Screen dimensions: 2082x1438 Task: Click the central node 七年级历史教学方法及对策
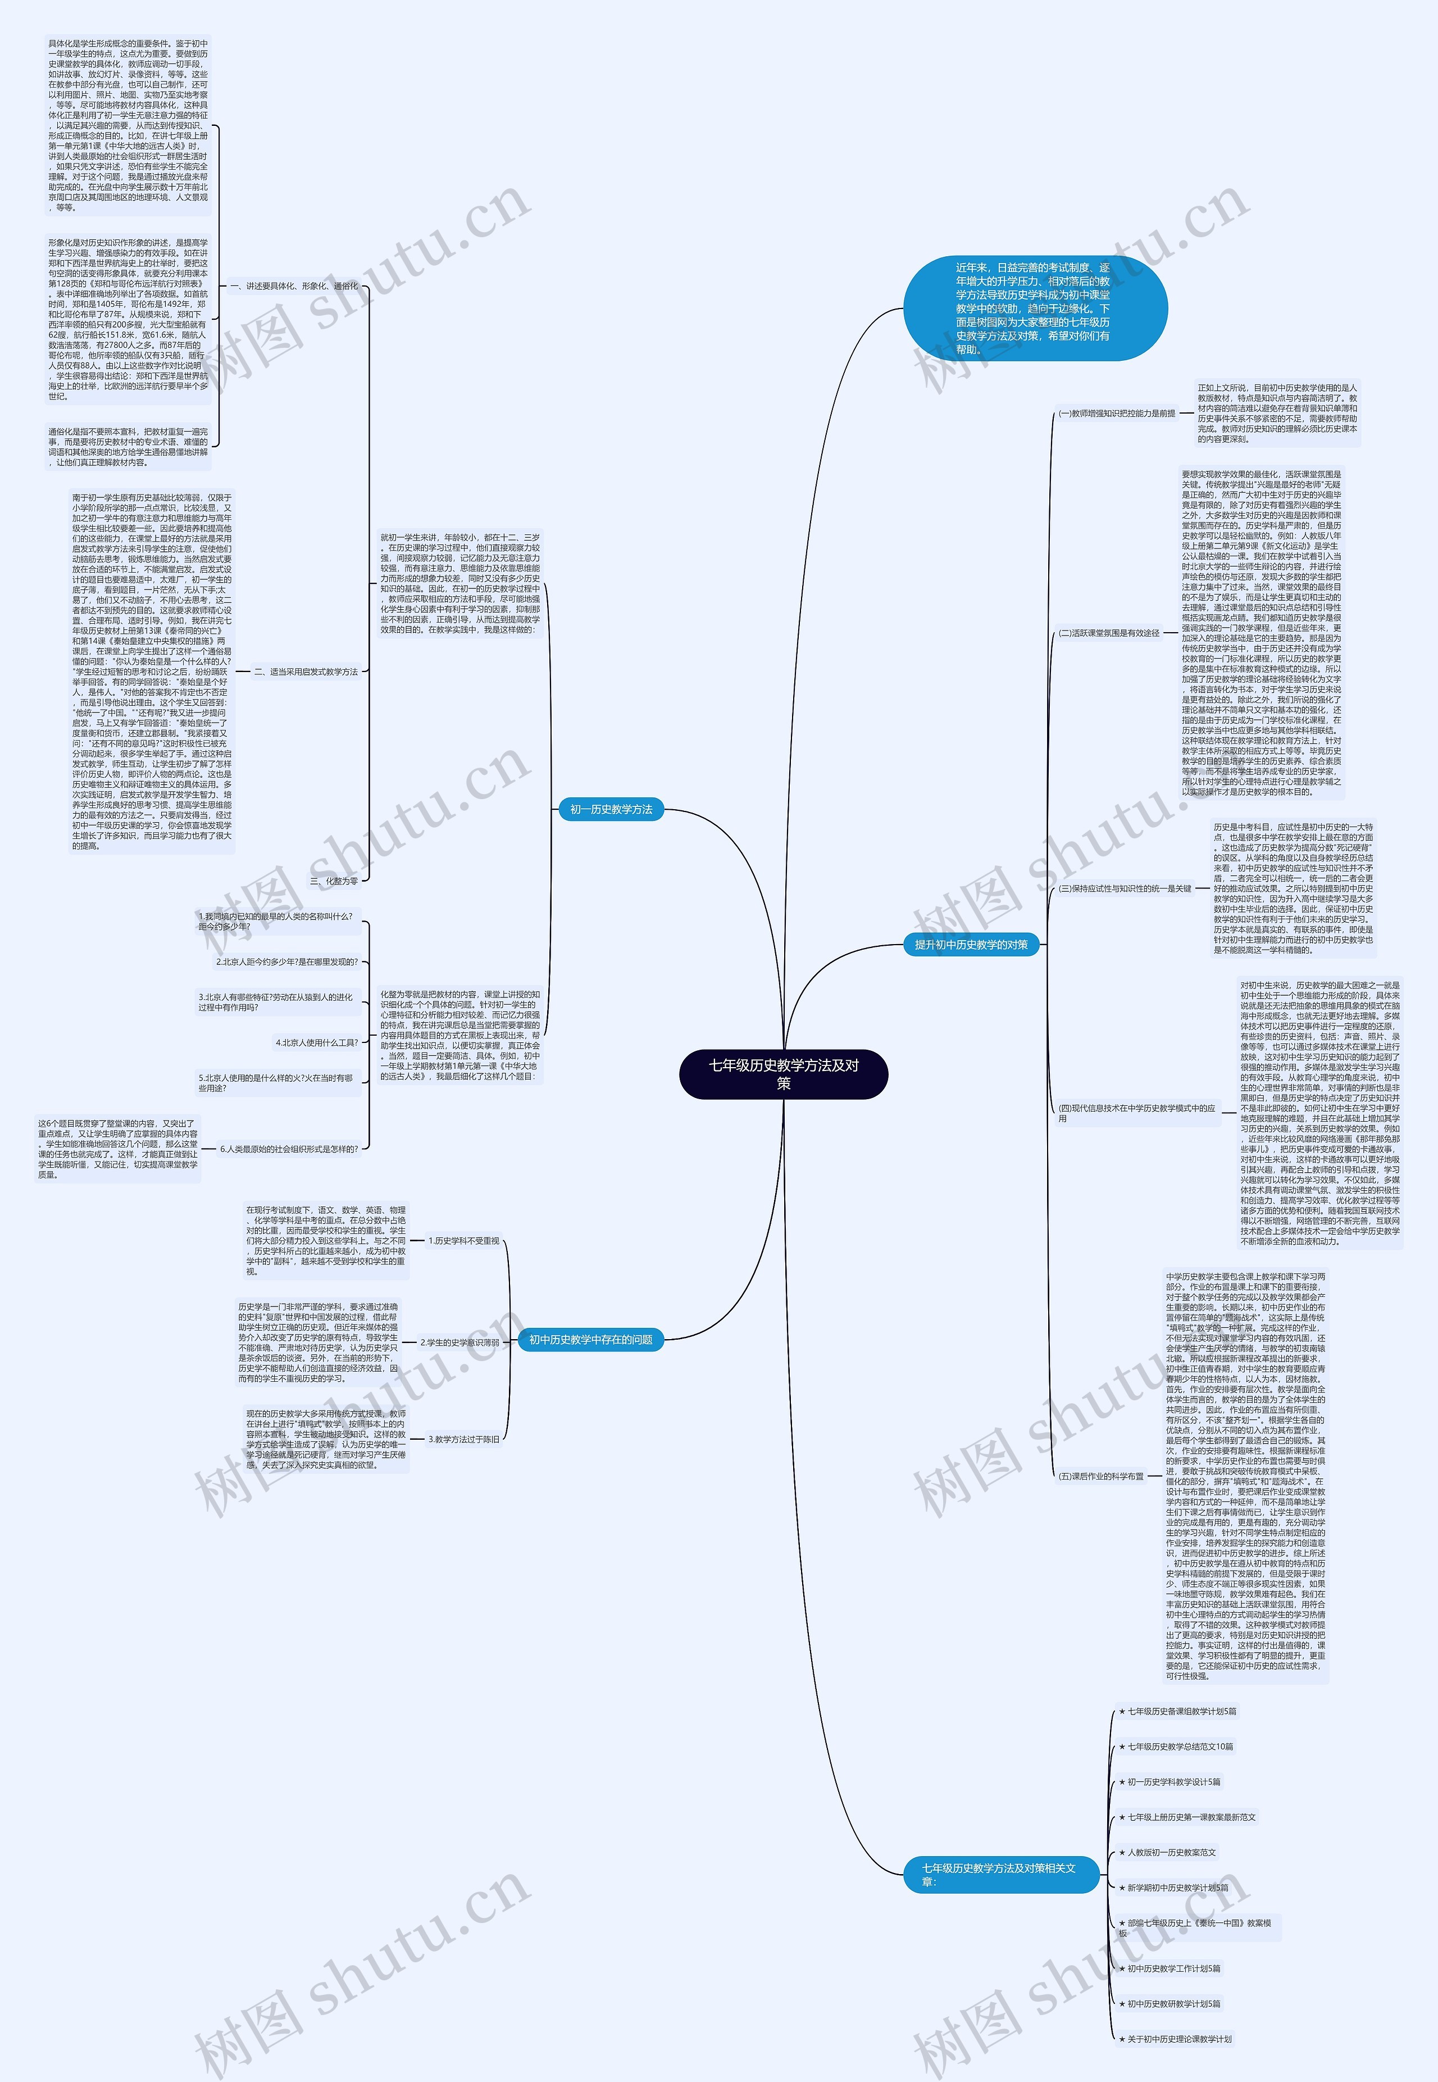783,1073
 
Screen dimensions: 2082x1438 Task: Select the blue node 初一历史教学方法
611,809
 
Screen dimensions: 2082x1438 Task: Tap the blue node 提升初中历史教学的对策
971,945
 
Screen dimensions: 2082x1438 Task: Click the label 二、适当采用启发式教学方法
306,672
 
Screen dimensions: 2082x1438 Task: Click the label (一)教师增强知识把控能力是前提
1117,414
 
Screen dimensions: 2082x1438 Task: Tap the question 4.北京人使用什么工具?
317,1043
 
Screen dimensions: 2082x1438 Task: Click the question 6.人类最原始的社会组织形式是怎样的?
289,1149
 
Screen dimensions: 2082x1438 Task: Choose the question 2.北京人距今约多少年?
286,961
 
